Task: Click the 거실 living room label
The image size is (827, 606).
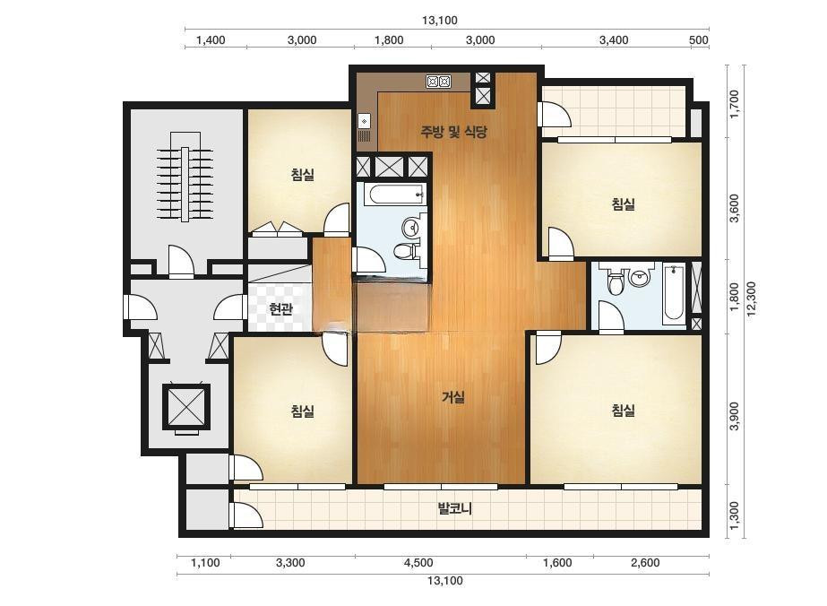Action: pos(453,396)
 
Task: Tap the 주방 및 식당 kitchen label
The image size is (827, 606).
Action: pos(453,132)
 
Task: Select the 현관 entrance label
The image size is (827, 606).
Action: pos(280,308)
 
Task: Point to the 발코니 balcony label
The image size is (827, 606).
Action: pos(454,509)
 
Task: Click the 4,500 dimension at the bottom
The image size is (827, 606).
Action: pos(418,563)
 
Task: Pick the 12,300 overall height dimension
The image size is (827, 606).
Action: pos(751,299)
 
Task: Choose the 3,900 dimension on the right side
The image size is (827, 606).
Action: pos(734,416)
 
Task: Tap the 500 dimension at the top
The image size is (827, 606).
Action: pos(698,40)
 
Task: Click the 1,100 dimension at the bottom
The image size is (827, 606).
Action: pos(205,563)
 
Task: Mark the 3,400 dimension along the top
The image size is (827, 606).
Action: pos(614,40)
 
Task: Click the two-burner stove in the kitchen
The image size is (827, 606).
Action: pos(438,82)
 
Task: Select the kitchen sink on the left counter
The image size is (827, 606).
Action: pos(365,128)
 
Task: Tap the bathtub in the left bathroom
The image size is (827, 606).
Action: pos(394,195)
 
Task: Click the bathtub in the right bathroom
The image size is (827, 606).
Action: pos(674,292)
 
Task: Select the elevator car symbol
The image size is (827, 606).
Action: pos(186,405)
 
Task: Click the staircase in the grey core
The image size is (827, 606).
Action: pos(185,185)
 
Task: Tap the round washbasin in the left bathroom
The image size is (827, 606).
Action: pos(411,229)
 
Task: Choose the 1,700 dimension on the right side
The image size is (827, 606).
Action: pos(734,104)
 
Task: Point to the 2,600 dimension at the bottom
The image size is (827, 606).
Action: pos(645,563)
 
